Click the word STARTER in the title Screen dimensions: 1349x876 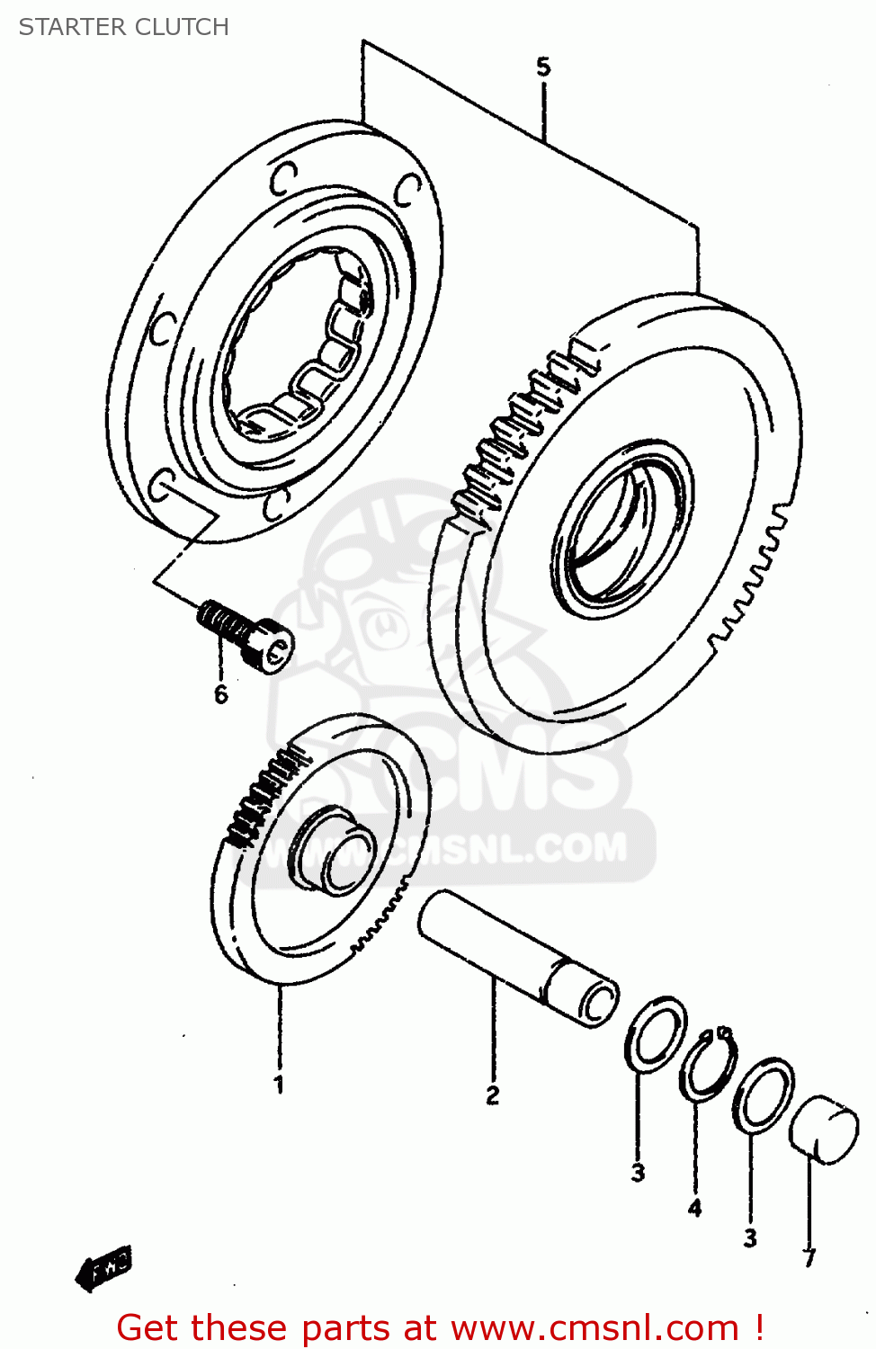click(x=68, y=27)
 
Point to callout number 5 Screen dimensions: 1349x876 click(x=543, y=67)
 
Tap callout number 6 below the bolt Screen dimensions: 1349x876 click(x=220, y=693)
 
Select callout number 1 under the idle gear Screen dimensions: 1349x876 click(x=279, y=1084)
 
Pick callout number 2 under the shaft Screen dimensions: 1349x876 click(x=493, y=1094)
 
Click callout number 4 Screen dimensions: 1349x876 click(x=694, y=1208)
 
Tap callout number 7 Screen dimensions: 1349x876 click(x=809, y=1257)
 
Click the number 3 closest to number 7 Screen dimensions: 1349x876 click(x=750, y=1238)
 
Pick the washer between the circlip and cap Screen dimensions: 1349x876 click(x=764, y=1095)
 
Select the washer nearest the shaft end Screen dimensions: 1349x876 click(x=656, y=1034)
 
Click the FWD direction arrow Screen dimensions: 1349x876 click(x=103, y=1267)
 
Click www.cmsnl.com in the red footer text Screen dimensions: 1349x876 click(x=594, y=1327)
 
